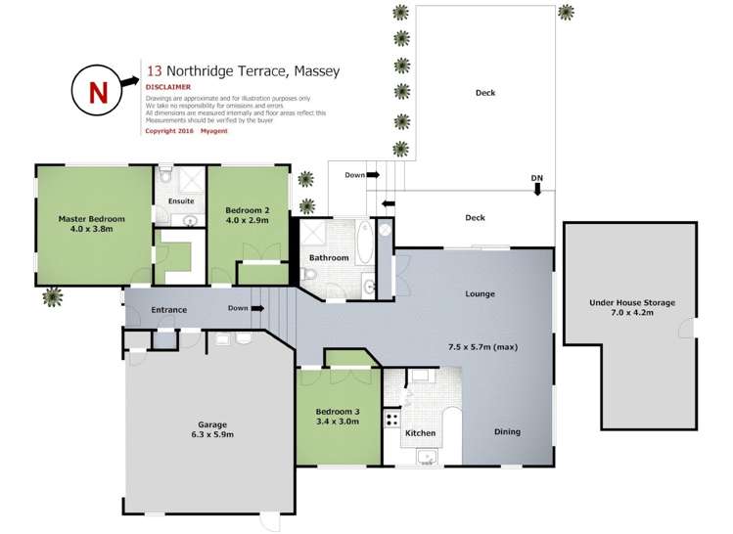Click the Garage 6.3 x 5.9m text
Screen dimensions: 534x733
pos(207,429)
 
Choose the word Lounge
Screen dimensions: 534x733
pos(480,293)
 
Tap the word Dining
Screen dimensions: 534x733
pos(507,432)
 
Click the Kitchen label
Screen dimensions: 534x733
pos(420,431)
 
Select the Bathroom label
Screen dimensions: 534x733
pos(329,258)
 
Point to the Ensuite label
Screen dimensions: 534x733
pos(182,201)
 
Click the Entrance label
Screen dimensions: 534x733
pos(168,311)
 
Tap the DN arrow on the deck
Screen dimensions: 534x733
pos(536,183)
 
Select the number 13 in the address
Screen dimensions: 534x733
pos(154,71)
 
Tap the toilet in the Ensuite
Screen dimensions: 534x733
pos(166,177)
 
